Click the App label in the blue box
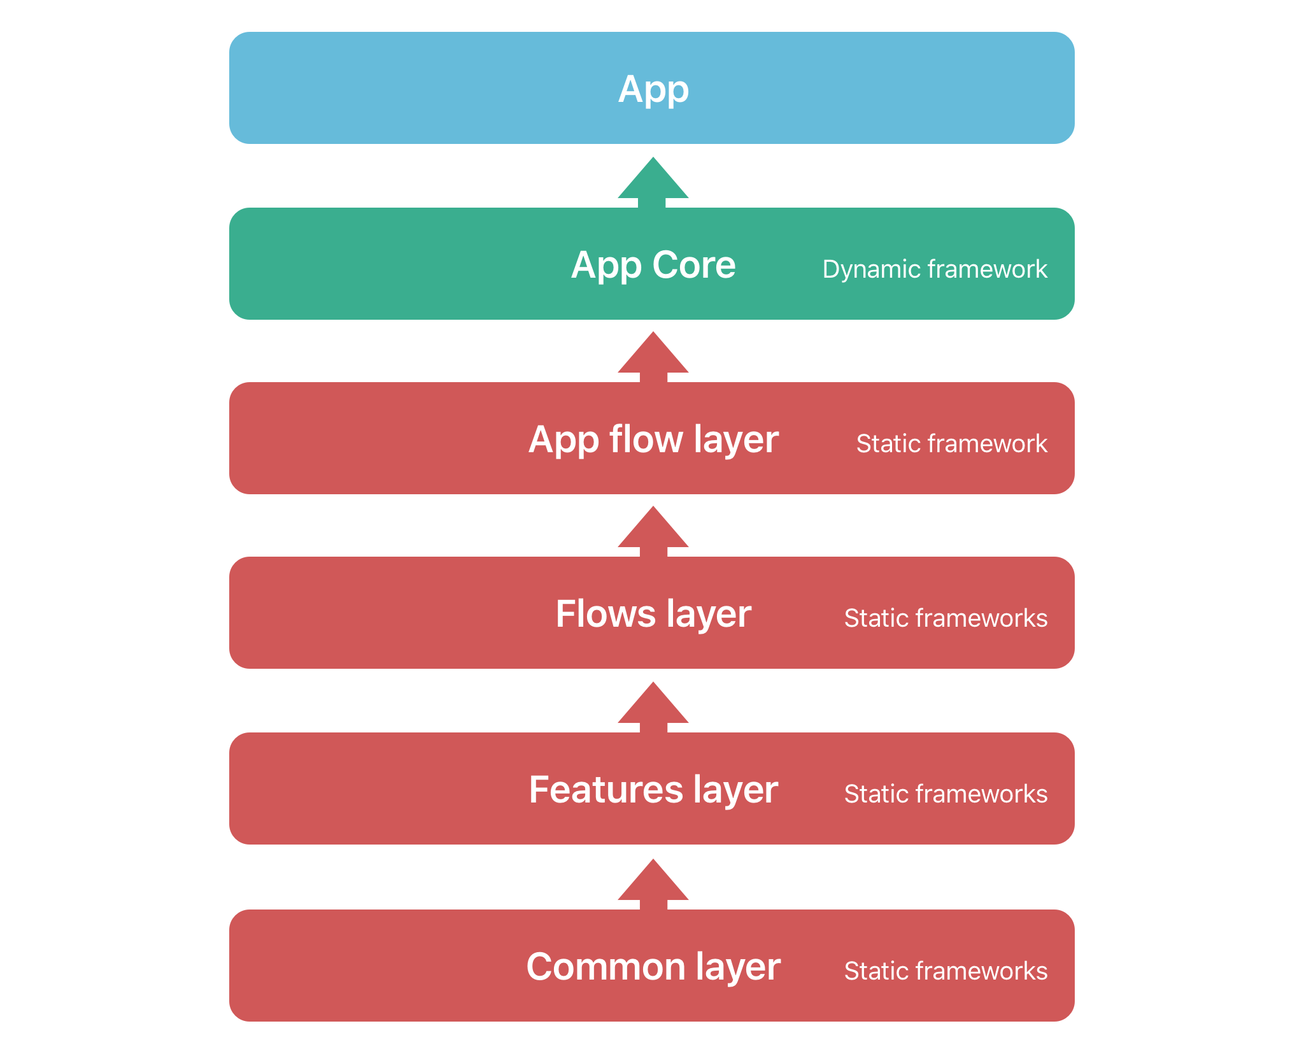point(653,90)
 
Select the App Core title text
point(653,266)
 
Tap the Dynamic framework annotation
point(935,269)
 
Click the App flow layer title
point(653,440)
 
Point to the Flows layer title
point(653,615)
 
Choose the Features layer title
point(653,790)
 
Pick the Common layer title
point(653,967)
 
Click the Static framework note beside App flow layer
point(952,443)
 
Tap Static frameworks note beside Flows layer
point(946,618)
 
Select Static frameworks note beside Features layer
point(946,794)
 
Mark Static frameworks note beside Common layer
point(946,971)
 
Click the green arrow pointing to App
point(653,183)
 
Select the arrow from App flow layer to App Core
point(653,357)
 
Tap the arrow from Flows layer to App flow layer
point(653,532)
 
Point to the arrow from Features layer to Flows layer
point(653,708)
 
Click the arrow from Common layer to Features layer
point(653,885)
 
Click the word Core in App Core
point(693,264)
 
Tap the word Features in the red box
point(606,790)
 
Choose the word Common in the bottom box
point(606,967)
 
